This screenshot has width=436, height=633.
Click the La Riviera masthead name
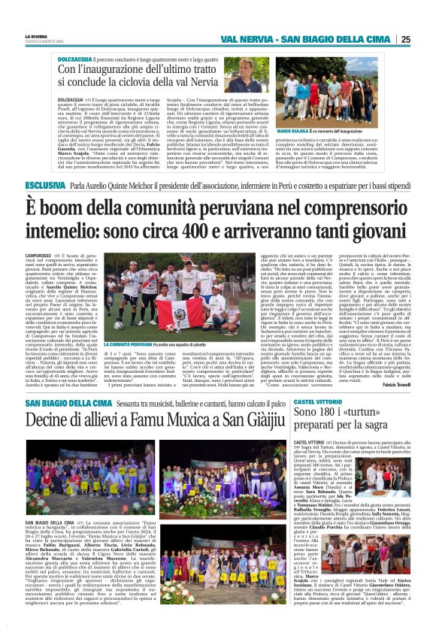(35, 35)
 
